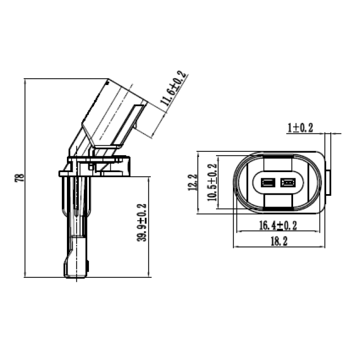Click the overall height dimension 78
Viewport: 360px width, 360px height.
[x=19, y=177]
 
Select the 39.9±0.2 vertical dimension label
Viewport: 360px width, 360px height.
[x=141, y=222]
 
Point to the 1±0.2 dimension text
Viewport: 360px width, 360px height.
[x=300, y=128]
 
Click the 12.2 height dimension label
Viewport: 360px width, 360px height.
[x=193, y=182]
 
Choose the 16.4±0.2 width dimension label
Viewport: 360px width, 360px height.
[x=277, y=226]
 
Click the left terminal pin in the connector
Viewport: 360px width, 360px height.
[x=268, y=182]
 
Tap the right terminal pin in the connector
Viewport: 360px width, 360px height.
[x=288, y=182]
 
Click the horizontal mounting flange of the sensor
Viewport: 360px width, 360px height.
[x=96, y=168]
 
